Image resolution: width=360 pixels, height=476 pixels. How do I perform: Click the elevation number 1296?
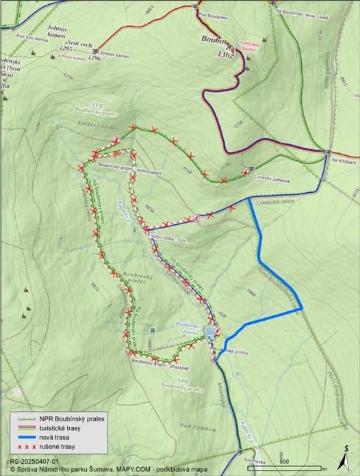[x=94, y=58]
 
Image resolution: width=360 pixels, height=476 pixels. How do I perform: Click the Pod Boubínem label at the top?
[x=211, y=14]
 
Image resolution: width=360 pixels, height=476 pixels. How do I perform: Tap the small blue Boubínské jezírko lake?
[x=207, y=333]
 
